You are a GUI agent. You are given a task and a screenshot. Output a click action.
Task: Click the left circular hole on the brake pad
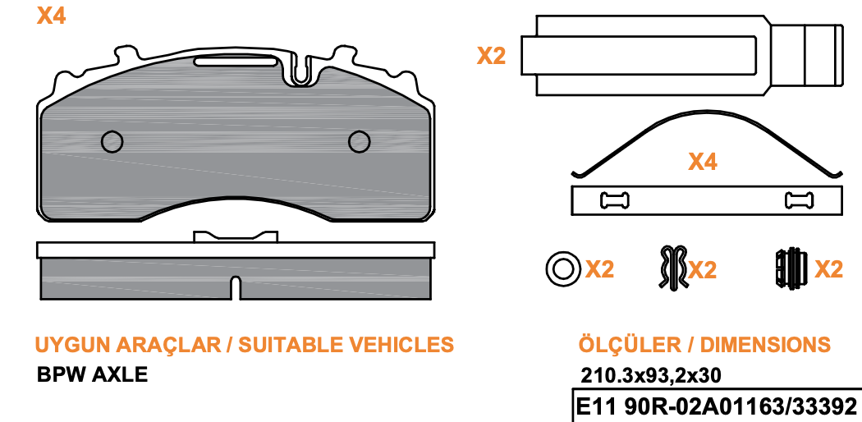(x=112, y=142)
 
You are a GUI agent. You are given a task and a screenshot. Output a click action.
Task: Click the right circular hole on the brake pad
(x=360, y=142)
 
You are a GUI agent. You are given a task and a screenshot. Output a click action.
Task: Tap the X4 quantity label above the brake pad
(x=51, y=16)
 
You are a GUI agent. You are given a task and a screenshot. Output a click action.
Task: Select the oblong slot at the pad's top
(x=236, y=62)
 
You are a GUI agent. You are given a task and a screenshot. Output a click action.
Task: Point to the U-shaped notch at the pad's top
(x=300, y=71)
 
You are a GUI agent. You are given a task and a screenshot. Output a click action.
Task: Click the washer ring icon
(x=563, y=269)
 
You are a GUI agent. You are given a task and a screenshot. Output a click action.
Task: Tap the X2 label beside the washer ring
(x=599, y=269)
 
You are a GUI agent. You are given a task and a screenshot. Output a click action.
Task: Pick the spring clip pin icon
(x=673, y=267)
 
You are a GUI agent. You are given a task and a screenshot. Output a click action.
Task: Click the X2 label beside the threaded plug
(x=828, y=269)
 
